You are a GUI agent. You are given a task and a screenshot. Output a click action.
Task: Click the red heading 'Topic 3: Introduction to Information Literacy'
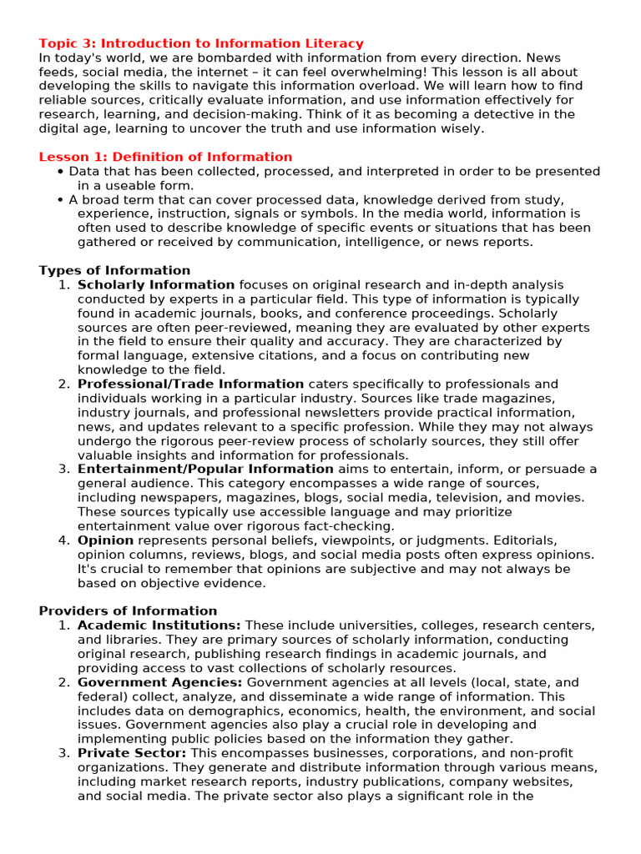[201, 43]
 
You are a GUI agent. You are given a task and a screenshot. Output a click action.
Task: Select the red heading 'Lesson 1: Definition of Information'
[165, 157]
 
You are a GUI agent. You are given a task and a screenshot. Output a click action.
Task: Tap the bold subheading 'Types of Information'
[114, 270]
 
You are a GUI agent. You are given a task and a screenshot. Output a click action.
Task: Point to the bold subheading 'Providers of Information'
[128, 610]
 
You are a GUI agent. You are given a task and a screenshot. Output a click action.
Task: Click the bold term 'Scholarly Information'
[156, 285]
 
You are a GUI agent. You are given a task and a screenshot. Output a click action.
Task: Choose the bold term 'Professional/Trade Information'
[190, 384]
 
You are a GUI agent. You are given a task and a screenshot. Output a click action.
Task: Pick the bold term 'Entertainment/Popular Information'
[205, 470]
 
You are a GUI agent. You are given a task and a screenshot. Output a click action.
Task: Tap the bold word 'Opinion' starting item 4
[105, 540]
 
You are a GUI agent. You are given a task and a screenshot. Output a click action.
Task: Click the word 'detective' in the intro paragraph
[492, 114]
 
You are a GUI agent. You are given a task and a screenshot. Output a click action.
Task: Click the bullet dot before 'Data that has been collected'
[61, 172]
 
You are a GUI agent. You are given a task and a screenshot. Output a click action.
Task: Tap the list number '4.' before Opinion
[64, 540]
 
